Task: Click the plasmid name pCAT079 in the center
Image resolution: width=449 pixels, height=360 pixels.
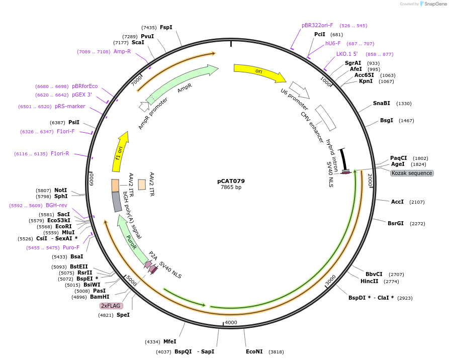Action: pos(231,181)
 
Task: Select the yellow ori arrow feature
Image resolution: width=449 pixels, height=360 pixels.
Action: pos(259,72)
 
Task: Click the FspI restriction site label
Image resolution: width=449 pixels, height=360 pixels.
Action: pos(166,27)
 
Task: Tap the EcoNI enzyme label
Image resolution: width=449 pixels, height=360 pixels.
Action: pos(254,351)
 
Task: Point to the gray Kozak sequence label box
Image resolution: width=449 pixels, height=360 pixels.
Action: pos(412,173)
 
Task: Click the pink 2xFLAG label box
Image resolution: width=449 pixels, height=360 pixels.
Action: pos(111,306)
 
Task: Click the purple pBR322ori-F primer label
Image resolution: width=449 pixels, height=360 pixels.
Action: pos(317,25)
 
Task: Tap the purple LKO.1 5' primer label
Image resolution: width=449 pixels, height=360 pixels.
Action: pos(347,54)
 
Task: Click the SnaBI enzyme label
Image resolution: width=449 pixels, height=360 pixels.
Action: pos(381,103)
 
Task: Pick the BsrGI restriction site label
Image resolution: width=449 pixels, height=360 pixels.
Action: pos(395,223)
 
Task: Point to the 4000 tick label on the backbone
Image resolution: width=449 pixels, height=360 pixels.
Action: pos(231,322)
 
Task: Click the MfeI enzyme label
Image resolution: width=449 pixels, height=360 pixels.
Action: pos(169,341)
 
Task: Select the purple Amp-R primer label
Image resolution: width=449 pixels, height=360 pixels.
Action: pos(122,51)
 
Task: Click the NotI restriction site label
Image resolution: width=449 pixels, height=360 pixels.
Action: pos(60,190)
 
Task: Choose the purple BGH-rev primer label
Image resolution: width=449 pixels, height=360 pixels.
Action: pos(56,205)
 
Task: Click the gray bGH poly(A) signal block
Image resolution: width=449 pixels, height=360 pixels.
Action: pos(117,202)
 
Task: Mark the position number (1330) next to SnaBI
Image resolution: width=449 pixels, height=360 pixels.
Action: pos(404,104)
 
